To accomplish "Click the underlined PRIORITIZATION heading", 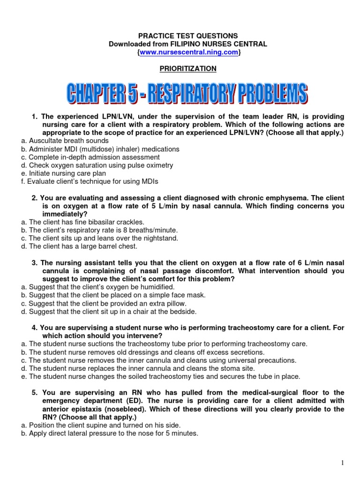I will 188,68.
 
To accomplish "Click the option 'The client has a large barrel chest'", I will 82,246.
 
